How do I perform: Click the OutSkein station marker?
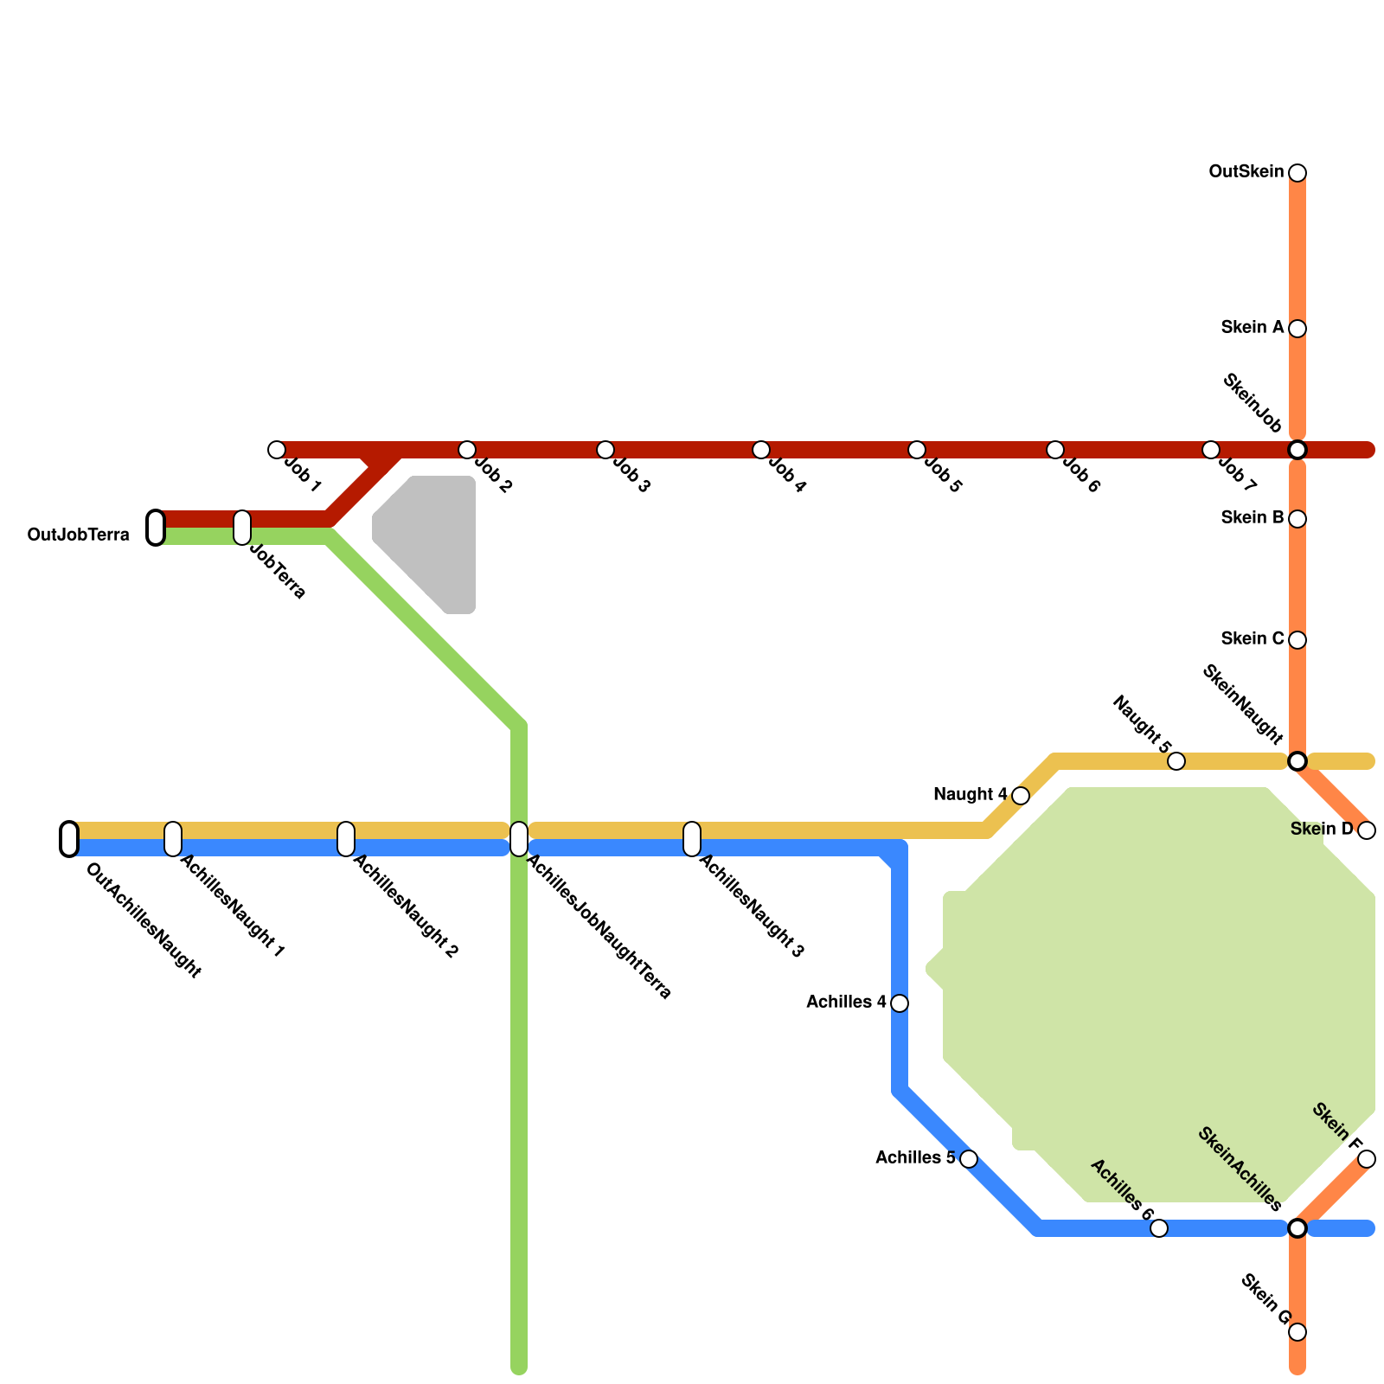[x=1297, y=173]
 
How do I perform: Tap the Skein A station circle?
[x=1297, y=329]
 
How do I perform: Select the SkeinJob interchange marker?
[x=1297, y=450]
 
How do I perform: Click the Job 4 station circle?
[x=761, y=450]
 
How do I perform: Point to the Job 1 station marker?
[x=277, y=450]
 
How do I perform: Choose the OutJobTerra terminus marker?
[x=156, y=528]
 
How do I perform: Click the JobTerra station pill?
[x=242, y=528]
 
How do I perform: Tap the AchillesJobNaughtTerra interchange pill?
[x=519, y=839]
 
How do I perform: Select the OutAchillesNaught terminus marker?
[x=69, y=839]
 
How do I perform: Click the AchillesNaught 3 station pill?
[x=692, y=839]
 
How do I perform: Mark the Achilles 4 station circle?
[x=900, y=1003]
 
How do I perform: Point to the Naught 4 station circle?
[x=1021, y=796]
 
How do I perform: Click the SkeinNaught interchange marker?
[x=1297, y=761]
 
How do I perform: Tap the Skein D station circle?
[x=1367, y=830]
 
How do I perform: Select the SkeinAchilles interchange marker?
[x=1297, y=1228]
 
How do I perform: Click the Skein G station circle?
[x=1297, y=1332]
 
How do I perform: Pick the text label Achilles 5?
[x=915, y=1158]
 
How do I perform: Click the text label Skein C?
[x=1253, y=639]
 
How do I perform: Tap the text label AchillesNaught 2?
[x=405, y=907]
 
